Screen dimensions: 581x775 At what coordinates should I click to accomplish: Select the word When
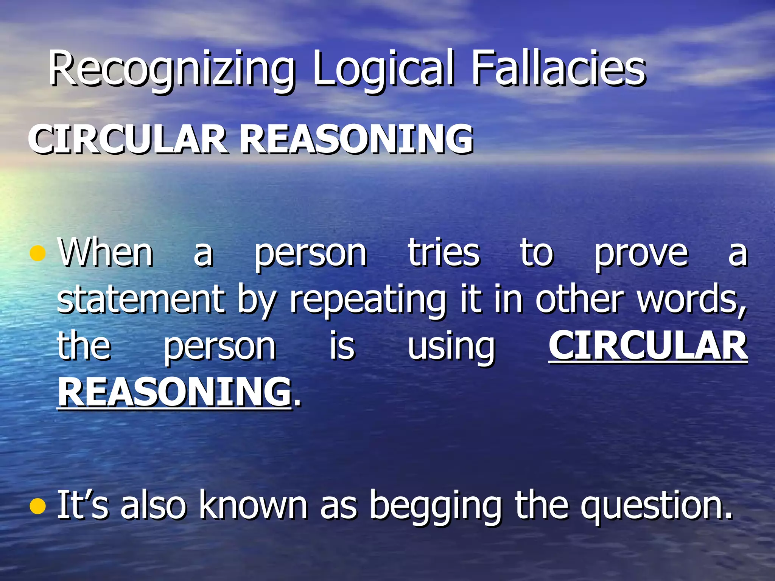[106, 253]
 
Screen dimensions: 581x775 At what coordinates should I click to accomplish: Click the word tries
[444, 253]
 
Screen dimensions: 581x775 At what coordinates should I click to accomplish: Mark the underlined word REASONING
[174, 392]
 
